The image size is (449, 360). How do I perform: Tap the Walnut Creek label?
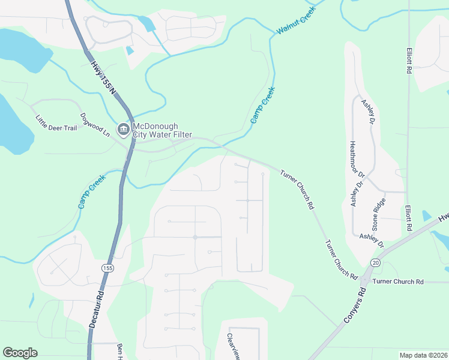coord(295,22)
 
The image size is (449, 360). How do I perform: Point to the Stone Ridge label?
coord(378,215)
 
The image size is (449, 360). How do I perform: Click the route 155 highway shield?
coord(107,268)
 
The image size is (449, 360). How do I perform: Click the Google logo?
coord(20,353)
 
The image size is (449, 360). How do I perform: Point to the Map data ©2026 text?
coord(423,355)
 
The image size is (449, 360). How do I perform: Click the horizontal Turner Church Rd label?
coord(398,281)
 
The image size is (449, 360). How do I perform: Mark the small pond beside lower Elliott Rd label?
coord(427,215)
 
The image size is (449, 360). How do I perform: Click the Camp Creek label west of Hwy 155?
coord(92,191)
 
